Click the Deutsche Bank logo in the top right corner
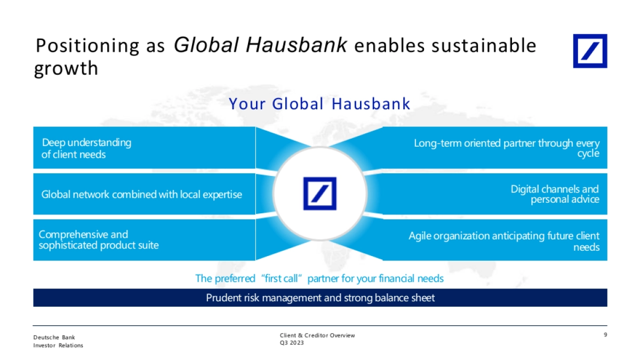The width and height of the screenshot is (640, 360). pyautogui.click(x=590, y=51)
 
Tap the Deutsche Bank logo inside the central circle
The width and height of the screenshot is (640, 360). pyautogui.click(x=319, y=194)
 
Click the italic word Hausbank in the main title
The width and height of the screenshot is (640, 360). pyautogui.click(x=297, y=45)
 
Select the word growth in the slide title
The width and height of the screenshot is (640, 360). pyautogui.click(x=66, y=69)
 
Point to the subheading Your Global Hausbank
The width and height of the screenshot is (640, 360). pyautogui.click(x=319, y=103)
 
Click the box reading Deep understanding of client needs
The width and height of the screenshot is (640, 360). pyautogui.click(x=145, y=148)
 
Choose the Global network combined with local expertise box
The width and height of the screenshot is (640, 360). pyautogui.click(x=145, y=194)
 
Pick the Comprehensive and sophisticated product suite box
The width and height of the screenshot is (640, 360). pyautogui.click(x=145, y=240)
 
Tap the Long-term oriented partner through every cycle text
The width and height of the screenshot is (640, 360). pyautogui.click(x=507, y=148)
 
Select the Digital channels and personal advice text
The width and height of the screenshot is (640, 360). pyautogui.click(x=555, y=194)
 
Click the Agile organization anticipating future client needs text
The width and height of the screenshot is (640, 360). pyautogui.click(x=504, y=241)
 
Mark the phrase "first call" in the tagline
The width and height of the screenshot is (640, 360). pyautogui.click(x=282, y=278)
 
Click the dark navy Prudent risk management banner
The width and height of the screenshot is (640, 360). pyautogui.click(x=321, y=298)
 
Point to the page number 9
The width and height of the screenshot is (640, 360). pyautogui.click(x=605, y=334)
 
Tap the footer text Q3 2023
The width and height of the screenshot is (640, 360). pyautogui.click(x=292, y=343)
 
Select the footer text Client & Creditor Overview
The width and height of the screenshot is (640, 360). pyautogui.click(x=317, y=335)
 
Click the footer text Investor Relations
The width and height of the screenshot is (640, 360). pyautogui.click(x=58, y=346)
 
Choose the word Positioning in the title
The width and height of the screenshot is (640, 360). pyautogui.click(x=87, y=46)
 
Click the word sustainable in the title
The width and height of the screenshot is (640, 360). pyautogui.click(x=484, y=45)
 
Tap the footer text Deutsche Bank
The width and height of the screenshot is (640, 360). pyautogui.click(x=54, y=338)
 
